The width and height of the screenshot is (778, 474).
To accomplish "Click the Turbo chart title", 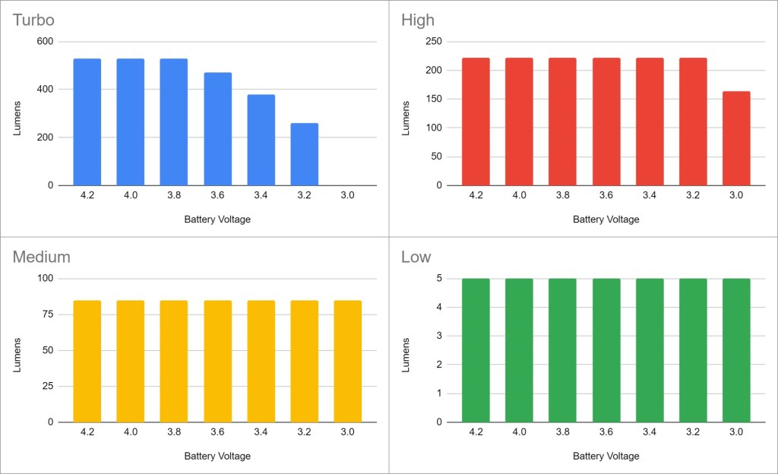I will pyautogui.click(x=33, y=20).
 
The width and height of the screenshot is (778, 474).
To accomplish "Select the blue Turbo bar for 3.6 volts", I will pyautogui.click(x=217, y=129).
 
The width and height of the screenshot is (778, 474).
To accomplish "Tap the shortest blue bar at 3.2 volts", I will pyautogui.click(x=305, y=154).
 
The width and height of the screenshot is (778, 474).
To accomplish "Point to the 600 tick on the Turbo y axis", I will pyautogui.click(x=46, y=42).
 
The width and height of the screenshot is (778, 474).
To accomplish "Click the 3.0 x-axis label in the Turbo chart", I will pyautogui.click(x=347, y=195).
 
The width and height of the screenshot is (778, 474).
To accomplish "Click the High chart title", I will pyautogui.click(x=418, y=20).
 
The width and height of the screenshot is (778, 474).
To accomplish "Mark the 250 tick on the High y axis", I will pyautogui.click(x=435, y=42).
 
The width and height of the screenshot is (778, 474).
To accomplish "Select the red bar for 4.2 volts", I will pyautogui.click(x=476, y=122).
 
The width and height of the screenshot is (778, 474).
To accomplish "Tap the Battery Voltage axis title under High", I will pyautogui.click(x=606, y=220).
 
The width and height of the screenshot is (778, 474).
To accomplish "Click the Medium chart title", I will pyautogui.click(x=41, y=257).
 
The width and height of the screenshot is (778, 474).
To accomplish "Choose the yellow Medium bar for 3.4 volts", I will pyautogui.click(x=261, y=361).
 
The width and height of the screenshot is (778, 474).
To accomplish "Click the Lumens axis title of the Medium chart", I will pyautogui.click(x=17, y=351).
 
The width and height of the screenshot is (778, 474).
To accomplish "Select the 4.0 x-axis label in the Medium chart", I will pyautogui.click(x=130, y=432).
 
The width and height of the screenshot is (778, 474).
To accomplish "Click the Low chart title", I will pyautogui.click(x=416, y=257).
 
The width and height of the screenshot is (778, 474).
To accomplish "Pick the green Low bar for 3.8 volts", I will pyautogui.click(x=563, y=350).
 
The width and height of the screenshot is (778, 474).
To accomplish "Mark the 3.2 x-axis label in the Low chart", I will pyautogui.click(x=693, y=432).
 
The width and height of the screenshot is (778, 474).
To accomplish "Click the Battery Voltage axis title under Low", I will pyautogui.click(x=606, y=457).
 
